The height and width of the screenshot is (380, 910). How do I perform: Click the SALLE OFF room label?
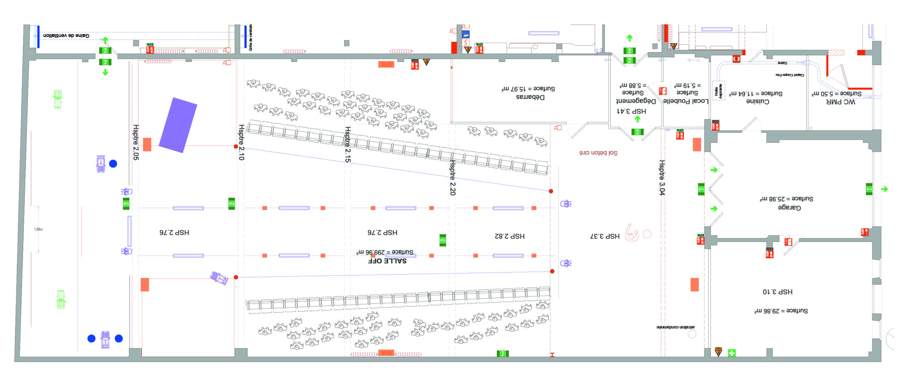[x=387, y=261]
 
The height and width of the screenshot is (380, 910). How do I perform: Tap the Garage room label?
[x=789, y=207]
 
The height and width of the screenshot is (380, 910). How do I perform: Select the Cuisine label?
[x=758, y=101]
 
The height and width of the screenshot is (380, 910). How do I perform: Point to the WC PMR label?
[x=841, y=102]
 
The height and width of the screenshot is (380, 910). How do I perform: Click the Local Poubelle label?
[x=686, y=101]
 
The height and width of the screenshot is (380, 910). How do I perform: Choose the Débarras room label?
[x=530, y=97]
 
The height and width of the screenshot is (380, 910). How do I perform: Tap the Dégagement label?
[x=636, y=101]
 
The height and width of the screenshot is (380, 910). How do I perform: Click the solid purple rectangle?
[x=178, y=125]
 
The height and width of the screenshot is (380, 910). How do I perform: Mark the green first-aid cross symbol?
[x=732, y=353]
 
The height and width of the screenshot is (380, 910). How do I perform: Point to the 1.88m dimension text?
[x=38, y=229]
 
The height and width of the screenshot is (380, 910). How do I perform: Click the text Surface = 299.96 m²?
[x=385, y=252]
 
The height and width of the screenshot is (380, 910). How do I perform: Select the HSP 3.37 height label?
[x=605, y=236]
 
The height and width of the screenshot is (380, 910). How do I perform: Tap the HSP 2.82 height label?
[x=510, y=236]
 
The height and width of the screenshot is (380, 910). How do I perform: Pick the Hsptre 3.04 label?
[x=662, y=177]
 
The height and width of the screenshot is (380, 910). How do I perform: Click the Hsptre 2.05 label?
[x=135, y=142]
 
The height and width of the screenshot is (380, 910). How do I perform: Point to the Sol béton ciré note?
[x=598, y=153]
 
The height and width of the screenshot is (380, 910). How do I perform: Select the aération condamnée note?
[x=675, y=327]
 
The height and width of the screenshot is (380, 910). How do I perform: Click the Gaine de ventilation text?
[x=66, y=36]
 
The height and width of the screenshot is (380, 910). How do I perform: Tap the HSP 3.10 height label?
[x=777, y=292]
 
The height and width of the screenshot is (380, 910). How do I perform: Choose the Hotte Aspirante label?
[x=718, y=91]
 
